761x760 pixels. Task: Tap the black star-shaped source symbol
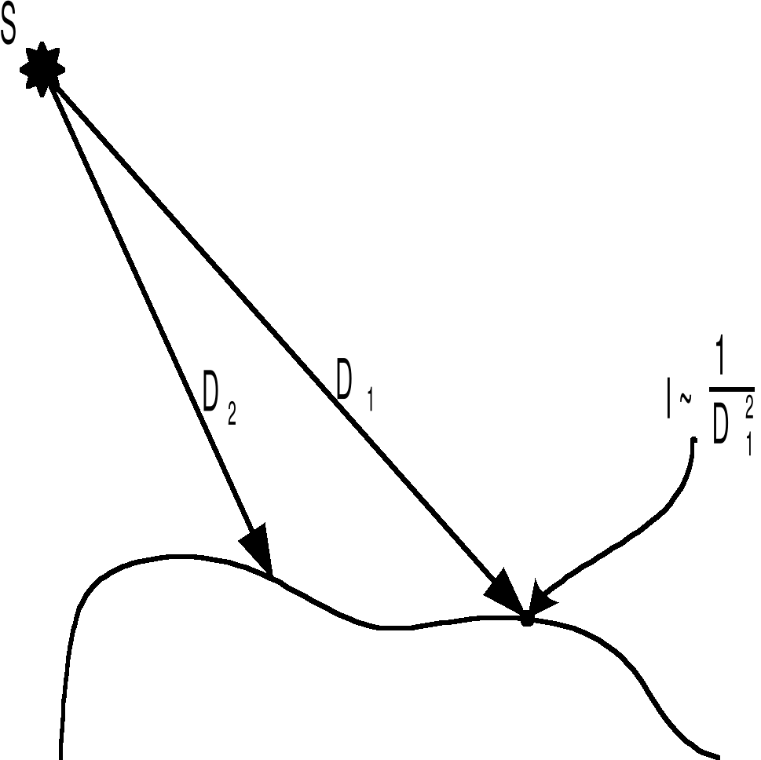click(42, 69)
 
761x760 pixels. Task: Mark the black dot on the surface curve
click(527, 619)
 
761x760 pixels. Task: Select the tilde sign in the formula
click(684, 400)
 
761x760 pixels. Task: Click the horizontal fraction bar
click(731, 387)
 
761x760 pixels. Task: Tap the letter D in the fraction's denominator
click(723, 424)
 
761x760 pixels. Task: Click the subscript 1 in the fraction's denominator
click(749, 444)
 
